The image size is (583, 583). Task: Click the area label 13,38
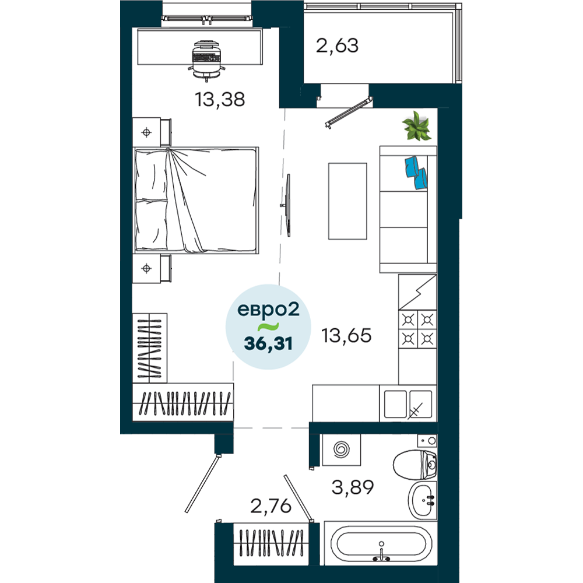pos(220,100)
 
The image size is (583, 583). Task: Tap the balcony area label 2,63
pos(337,45)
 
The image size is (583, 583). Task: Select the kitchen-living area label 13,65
pos(346,335)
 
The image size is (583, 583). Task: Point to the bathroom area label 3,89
pos(353,487)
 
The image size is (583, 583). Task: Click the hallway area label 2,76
pos(271,506)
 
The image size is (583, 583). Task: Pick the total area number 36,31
pos(268,343)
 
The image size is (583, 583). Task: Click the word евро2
pos(268,310)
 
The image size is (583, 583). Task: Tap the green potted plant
pos(417,126)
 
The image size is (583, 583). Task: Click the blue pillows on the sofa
pos(416,173)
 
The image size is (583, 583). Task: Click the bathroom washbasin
pos(423,500)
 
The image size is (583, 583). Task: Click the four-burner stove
pos(417,329)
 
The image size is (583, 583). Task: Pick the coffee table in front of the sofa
pos(347,201)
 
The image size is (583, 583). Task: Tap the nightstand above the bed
pos(152,132)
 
